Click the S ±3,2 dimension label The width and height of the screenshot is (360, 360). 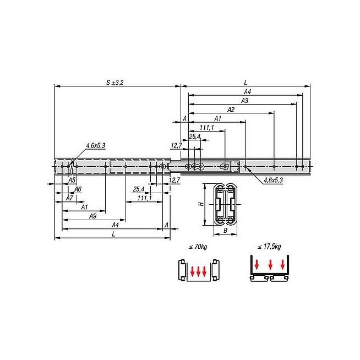point(115,83)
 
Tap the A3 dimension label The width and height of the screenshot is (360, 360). point(245,101)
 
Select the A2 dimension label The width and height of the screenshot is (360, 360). point(231,110)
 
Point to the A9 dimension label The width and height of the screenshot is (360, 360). point(93,216)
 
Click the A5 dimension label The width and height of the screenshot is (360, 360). point(72,180)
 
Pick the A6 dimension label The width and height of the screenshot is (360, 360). point(78,189)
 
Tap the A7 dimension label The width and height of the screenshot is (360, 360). point(69,198)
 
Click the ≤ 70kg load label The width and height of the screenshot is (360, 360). point(198,247)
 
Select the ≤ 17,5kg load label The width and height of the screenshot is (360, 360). point(269,247)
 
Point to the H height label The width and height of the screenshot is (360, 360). point(201,204)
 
